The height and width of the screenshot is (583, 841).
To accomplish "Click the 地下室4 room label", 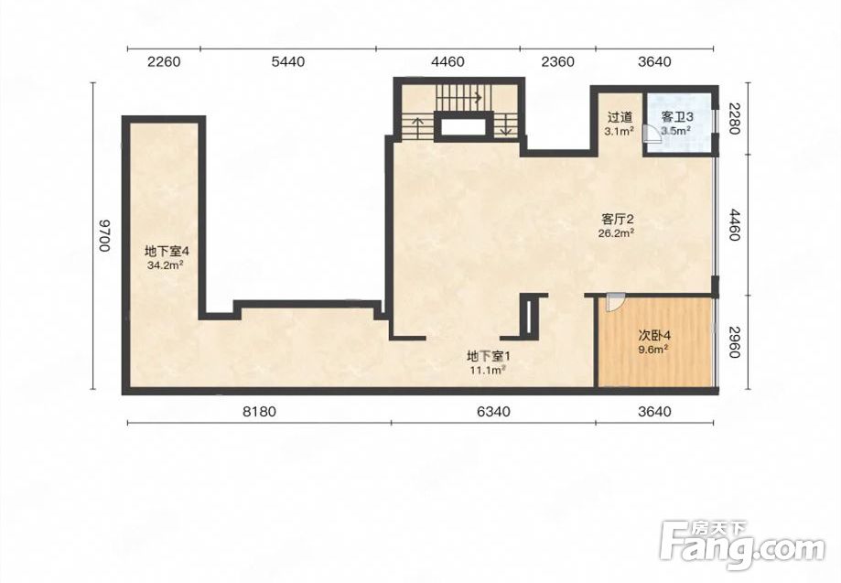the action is coord(167,251).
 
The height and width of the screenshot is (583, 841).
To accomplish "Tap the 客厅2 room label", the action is coord(618,219).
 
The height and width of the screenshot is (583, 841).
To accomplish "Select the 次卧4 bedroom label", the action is coord(653,336).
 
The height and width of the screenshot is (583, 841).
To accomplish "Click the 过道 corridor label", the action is coord(620,117).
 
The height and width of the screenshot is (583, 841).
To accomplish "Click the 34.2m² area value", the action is coord(167,265).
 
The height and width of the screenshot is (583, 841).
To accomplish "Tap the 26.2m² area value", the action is coord(618,232).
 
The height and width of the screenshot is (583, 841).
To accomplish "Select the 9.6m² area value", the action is coord(653,349).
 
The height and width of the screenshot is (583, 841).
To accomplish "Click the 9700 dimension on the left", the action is coord(104,235).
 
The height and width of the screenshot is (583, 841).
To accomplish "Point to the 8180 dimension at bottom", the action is coord(259,411).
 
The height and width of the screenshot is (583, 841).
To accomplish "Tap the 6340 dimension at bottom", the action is coord(493,411).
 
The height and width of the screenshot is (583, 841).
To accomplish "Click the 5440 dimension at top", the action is coord(288,61).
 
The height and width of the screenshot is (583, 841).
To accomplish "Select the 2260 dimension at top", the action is coord(164,61).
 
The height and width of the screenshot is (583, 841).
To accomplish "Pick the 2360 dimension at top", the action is coord(558,61).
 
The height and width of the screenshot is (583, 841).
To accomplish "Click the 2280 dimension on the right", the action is coord(735,119).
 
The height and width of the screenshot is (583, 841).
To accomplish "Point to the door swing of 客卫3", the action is coord(652,133).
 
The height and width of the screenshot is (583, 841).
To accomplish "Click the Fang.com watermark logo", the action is coord(742,543).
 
